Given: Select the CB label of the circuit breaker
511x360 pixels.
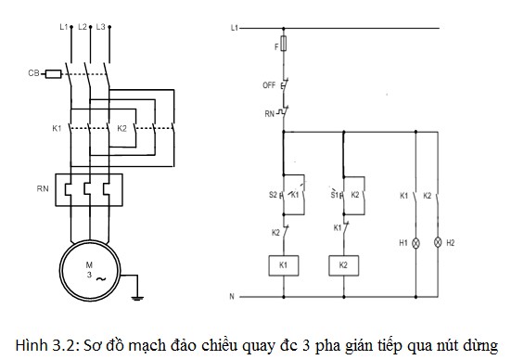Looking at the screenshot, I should click(32, 72).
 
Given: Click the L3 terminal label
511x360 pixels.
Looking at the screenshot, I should click(101, 27).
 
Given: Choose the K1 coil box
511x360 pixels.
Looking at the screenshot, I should click(281, 264).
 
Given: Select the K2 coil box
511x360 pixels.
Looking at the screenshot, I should click(342, 264).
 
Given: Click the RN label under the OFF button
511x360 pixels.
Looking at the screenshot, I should click(268, 113).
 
